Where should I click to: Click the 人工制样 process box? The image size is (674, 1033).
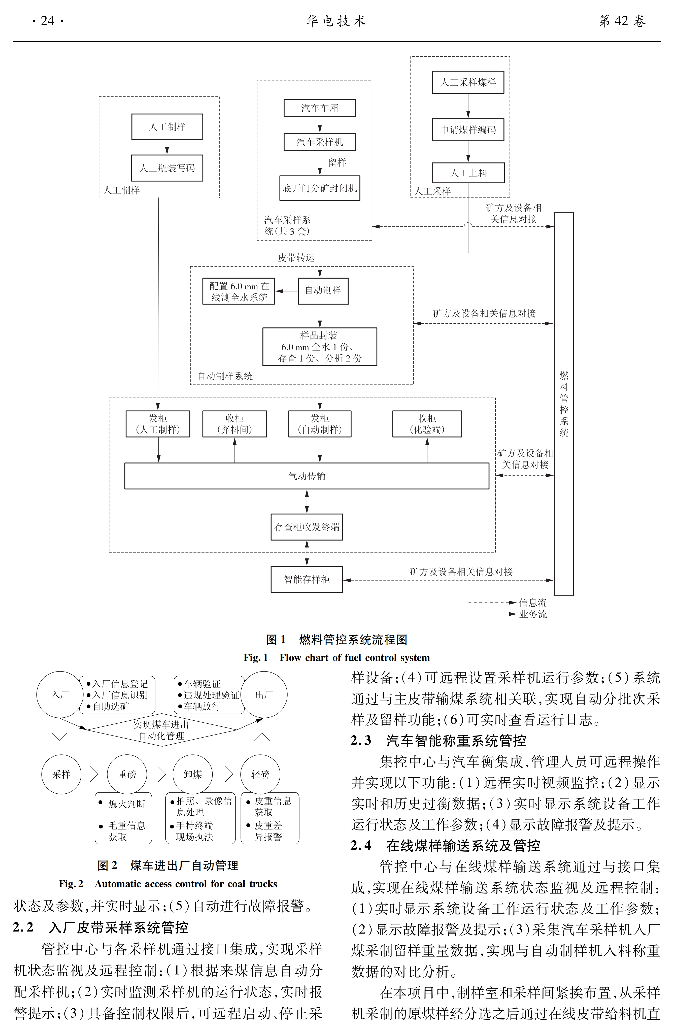[167, 127]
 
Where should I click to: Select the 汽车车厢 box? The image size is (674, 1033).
[320, 108]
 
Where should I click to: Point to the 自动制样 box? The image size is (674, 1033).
[323, 291]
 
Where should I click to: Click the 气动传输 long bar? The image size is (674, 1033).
[307, 476]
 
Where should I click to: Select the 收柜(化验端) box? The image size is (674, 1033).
[427, 424]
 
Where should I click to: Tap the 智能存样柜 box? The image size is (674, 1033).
[307, 579]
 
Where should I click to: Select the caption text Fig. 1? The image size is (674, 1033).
[256, 658]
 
